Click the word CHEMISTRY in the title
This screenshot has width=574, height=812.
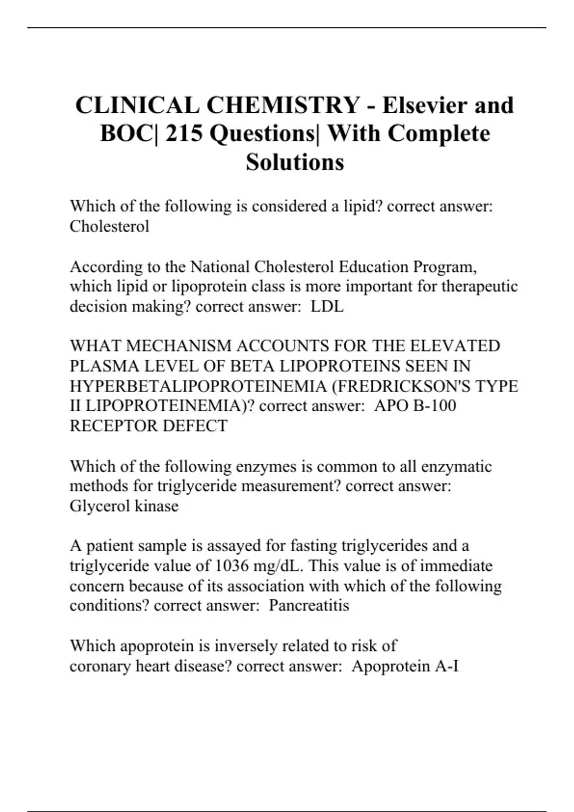click(x=283, y=106)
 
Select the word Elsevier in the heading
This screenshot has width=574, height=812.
click(x=425, y=106)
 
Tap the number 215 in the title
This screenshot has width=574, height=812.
click(x=184, y=134)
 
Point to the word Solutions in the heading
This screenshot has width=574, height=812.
click(x=295, y=162)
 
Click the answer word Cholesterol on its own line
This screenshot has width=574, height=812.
click(x=109, y=226)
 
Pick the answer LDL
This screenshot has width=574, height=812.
click(x=327, y=306)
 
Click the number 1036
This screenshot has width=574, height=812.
click(x=232, y=566)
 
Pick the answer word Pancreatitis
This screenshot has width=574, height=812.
click(x=309, y=606)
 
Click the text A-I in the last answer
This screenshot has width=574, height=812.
click(x=447, y=666)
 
